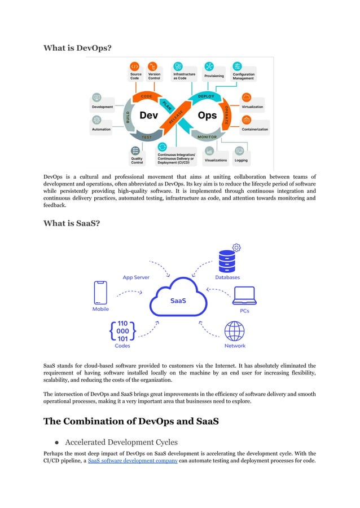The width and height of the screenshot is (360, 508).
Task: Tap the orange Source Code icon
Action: click(135, 66)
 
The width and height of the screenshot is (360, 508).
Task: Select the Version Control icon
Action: click(152, 66)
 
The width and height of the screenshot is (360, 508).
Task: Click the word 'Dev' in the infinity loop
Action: click(148, 116)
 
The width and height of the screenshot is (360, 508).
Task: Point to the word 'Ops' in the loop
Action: click(207, 116)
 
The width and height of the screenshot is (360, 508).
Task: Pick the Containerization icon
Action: click(247, 120)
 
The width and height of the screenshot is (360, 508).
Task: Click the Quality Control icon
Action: click(135, 151)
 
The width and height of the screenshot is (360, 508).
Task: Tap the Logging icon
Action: click(240, 151)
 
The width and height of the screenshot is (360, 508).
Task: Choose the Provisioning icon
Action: click(209, 67)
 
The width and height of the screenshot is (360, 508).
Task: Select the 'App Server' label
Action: click(136, 277)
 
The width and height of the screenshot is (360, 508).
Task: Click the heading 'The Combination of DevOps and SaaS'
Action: click(131, 421)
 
